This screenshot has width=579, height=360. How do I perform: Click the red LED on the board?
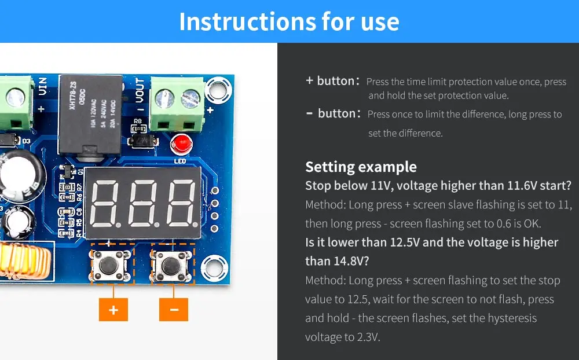click(181, 144)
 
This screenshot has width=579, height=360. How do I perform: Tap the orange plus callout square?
click(113, 310)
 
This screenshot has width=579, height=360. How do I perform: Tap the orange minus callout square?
click(174, 310)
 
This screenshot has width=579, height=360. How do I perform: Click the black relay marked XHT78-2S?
click(90, 115)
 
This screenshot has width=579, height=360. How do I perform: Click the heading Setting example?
click(361, 167)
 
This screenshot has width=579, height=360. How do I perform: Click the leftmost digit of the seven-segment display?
click(105, 204)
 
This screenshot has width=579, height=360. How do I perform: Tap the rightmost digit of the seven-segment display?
click(182, 204)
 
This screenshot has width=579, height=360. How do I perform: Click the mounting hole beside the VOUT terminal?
click(218, 90)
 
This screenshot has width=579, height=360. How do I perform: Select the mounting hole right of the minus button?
click(214, 268)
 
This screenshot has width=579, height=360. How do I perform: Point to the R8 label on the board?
click(138, 121)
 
